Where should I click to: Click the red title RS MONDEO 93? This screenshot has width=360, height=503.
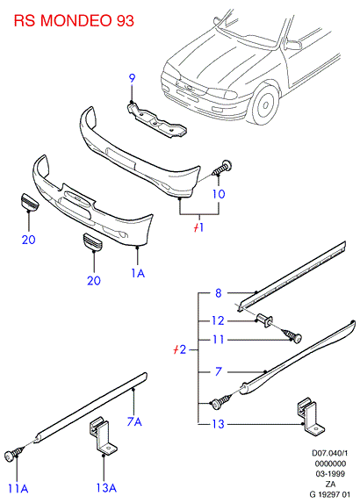pos(74,20)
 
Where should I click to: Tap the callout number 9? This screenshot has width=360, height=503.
pos(132,78)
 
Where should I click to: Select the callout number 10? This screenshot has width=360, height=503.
pos(219,194)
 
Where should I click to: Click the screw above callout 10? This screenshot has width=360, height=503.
pos(222,168)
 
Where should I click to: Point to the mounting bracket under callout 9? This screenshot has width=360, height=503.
pos(156,120)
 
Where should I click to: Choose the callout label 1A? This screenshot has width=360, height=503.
pos(138,273)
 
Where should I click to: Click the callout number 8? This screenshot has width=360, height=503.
pos(218,293)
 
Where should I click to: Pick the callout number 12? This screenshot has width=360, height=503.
pos(218,320)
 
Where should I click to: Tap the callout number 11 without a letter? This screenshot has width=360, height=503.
pos(218,340)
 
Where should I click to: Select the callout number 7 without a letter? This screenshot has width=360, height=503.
pos(218,371)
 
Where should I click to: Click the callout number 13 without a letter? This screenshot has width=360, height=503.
pos(218,424)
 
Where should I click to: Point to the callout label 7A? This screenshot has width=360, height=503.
pos(134,421)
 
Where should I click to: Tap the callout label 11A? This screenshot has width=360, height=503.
pos(18,489)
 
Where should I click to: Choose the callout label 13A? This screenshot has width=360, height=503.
pos(106,488)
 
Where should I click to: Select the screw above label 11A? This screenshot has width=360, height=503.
pos(14,454)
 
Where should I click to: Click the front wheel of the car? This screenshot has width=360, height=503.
pos(264,104)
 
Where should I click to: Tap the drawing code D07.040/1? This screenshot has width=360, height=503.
pos(330,453)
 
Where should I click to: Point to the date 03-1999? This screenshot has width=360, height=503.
pos(330,473)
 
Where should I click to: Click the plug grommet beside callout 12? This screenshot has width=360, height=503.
pos(264,320)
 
